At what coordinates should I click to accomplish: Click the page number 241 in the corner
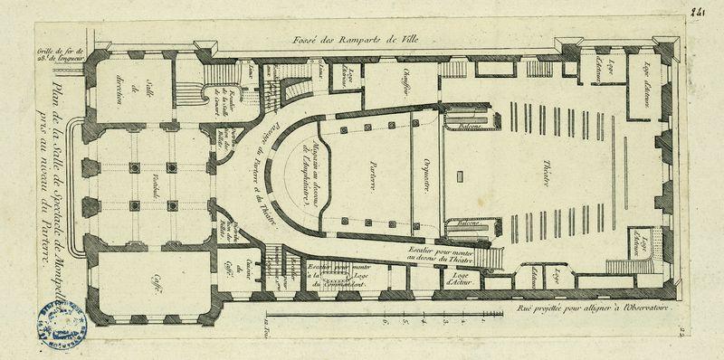point(697,12)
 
